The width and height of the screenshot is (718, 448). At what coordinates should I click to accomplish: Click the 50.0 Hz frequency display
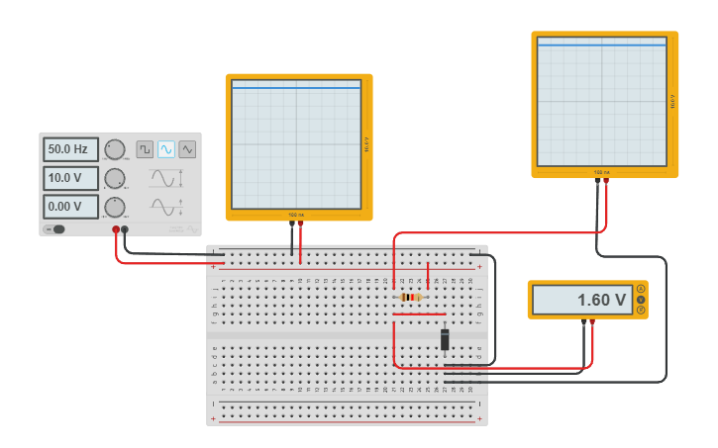[70, 149]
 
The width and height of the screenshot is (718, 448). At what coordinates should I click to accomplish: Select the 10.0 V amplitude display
[70, 178]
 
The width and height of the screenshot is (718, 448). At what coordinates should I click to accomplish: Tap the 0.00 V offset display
[70, 207]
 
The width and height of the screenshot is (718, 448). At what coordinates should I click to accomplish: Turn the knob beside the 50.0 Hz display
[115, 149]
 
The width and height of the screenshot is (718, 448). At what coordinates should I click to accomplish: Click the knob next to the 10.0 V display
[115, 178]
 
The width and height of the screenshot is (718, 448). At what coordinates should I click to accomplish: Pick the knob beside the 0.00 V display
[115, 207]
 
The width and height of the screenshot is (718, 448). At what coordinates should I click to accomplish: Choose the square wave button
[145, 149]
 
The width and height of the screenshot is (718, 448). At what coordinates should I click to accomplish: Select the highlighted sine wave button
[166, 149]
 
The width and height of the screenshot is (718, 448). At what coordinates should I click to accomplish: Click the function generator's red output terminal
[116, 229]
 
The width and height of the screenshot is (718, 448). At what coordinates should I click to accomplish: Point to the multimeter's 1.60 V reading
[581, 300]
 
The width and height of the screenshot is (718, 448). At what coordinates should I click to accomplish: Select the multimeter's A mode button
[641, 289]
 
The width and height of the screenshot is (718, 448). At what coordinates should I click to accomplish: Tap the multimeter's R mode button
[641, 311]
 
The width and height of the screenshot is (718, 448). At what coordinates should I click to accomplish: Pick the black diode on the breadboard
[445, 339]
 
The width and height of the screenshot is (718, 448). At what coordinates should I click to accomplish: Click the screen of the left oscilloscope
[296, 144]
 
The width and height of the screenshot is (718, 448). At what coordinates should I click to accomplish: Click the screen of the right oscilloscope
[601, 102]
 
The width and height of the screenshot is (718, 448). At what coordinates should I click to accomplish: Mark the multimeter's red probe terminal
[592, 321]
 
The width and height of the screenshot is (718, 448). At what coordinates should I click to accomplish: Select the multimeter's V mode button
[641, 300]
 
